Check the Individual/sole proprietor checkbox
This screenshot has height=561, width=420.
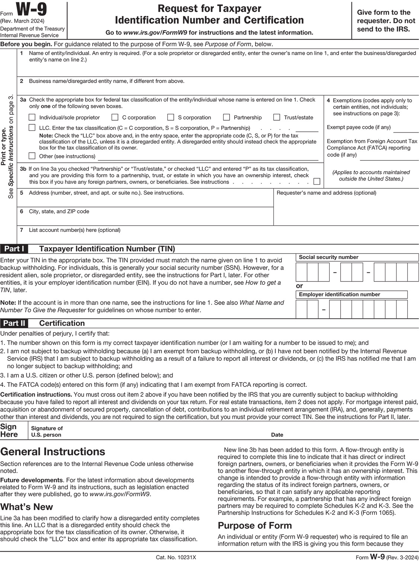[32, 117]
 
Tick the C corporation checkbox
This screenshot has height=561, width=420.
[115, 117]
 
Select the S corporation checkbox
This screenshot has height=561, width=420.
[171, 117]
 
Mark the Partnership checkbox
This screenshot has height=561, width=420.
[227, 117]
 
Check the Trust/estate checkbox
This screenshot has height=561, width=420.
[276, 117]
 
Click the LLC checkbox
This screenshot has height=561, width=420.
[32, 128]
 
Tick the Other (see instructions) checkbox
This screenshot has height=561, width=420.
[32, 156]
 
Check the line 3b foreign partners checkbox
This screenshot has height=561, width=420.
[317, 182]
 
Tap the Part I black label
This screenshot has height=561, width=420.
[14, 249]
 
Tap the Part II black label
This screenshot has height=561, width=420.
[14, 323]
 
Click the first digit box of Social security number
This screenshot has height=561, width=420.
[301, 272]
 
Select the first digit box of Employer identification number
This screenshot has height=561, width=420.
[301, 309]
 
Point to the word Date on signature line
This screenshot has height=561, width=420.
[277, 435]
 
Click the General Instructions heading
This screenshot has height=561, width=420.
[53, 452]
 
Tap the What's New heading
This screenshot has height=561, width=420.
[27, 507]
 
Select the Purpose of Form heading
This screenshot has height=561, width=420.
[255, 525]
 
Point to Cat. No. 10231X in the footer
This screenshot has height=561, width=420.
[176, 557]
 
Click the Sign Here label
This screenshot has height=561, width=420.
[9, 431]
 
